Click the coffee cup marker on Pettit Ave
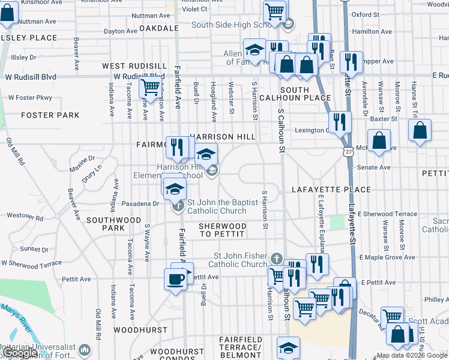point(175,279)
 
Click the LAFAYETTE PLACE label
point(331,190)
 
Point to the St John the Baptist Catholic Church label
point(217,206)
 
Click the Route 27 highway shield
point(348,152)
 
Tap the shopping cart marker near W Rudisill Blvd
point(150,88)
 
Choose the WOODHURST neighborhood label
point(140,330)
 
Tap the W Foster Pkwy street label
point(30,97)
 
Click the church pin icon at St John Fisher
point(276,258)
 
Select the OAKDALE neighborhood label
point(159,28)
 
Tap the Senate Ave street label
point(375,167)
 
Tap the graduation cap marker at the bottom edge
point(288,348)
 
